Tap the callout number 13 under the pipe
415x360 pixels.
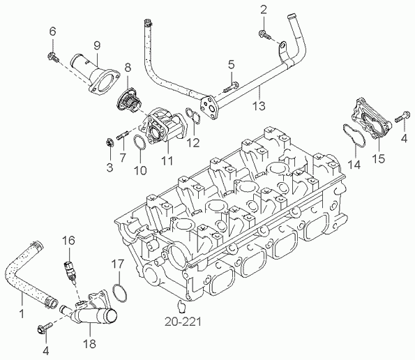[258, 106]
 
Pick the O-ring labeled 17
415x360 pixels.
[119, 292]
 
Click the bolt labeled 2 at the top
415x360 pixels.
[264, 32]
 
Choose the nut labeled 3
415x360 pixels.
[110, 144]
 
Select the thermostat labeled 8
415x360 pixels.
[128, 100]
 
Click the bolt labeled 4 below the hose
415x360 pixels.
[49, 325]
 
